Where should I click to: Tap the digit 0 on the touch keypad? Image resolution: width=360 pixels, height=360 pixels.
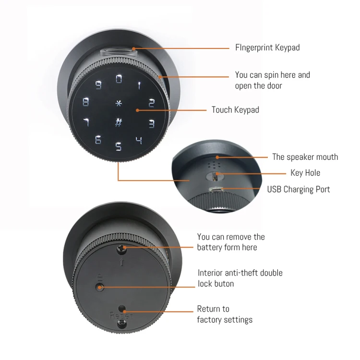tap(119, 79)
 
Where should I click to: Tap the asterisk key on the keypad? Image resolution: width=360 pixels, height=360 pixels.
tap(119, 103)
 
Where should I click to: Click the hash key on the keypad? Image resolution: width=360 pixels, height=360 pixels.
tap(119, 122)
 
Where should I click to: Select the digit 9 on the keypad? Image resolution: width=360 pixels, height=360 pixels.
tap(98, 85)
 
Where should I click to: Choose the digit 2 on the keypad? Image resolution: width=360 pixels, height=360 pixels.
tap(151, 102)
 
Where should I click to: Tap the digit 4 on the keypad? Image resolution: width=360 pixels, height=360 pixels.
tap(139, 141)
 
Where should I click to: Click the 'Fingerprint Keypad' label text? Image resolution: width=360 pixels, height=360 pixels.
tap(267, 48)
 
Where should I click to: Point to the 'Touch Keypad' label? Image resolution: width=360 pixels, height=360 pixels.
tap(235, 110)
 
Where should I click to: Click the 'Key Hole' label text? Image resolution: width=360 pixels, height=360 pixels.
tap(305, 173)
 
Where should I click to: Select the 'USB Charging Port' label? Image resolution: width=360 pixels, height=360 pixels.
tap(299, 189)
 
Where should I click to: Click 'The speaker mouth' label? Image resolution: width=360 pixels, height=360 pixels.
tap(305, 157)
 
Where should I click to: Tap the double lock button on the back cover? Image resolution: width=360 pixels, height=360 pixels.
tap(99, 287)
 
